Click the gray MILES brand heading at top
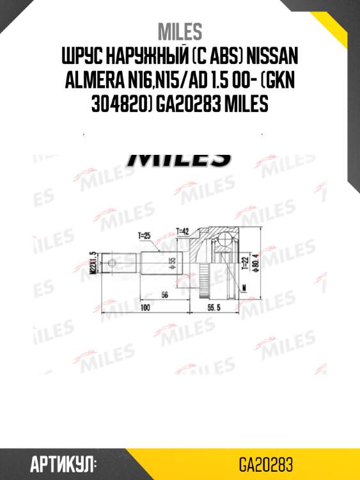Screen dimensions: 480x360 (x=180, y=31)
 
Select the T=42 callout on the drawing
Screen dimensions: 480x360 (x=184, y=230)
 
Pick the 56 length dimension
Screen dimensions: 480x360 (x=164, y=296)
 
